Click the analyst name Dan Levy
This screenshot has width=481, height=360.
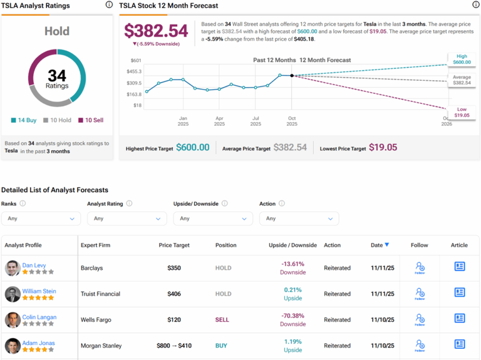pos(34,265)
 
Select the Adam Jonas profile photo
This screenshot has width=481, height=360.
pos(13,346)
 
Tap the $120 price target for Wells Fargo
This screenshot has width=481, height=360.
pos(174,320)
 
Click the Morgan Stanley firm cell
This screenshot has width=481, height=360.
pos(101,346)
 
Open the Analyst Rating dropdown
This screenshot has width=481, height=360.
pos(127,219)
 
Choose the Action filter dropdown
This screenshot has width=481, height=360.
pos(299,219)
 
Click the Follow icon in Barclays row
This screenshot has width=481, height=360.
pos(420,268)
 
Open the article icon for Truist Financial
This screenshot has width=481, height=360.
pos(460,292)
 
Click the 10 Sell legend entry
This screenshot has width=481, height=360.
pos(88,120)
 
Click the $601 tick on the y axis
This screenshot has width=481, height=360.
pos(135,60)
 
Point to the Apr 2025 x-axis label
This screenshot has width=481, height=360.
pos(219,121)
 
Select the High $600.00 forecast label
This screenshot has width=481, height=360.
pos(462,59)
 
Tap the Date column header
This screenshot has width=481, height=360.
pos(379,245)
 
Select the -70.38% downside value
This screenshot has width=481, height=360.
pos(292,316)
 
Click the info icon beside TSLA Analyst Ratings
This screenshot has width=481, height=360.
pos(109,5)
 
